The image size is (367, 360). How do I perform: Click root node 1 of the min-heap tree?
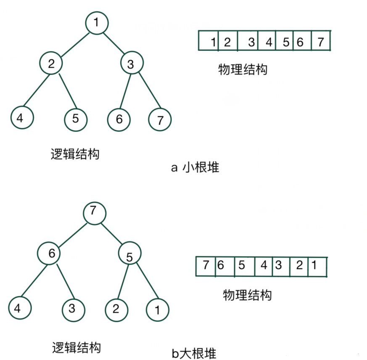[97, 23]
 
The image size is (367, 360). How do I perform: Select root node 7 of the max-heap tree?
[94, 213]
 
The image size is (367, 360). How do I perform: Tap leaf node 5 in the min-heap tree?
[76, 119]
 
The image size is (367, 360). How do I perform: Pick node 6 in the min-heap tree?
[119, 119]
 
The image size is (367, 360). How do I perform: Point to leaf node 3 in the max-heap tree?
[73, 309]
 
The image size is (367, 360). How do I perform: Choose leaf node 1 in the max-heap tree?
[157, 311]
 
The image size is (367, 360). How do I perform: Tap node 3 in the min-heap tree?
[132, 64]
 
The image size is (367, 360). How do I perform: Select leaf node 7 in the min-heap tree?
[160, 120]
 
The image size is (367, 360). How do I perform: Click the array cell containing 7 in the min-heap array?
[321, 42]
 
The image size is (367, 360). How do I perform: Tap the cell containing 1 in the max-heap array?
[317, 267]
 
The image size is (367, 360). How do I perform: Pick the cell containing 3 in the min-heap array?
[248, 42]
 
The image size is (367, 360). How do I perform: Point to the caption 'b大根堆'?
[194, 352]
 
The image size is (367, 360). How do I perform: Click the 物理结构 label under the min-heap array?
[243, 70]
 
